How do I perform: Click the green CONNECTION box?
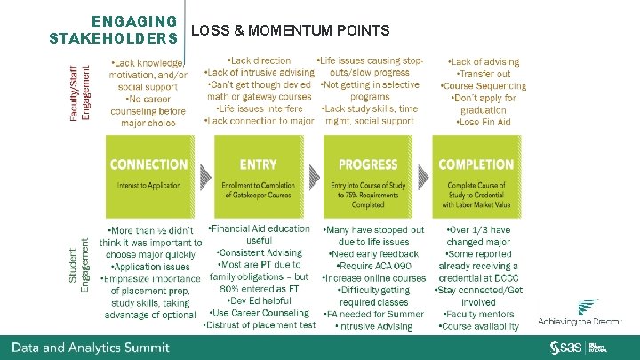(x=148, y=174)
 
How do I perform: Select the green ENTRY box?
(x=258, y=174)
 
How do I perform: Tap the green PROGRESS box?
(x=367, y=174)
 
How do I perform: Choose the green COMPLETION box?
(x=476, y=174)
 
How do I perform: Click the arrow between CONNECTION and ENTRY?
(x=203, y=175)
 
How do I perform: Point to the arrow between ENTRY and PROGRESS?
(x=312, y=175)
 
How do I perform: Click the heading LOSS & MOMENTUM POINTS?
(x=290, y=32)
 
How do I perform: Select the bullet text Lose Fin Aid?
(x=484, y=122)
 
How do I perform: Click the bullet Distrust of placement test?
(x=259, y=324)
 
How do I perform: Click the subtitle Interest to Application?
(x=148, y=184)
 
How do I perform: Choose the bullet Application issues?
(x=150, y=266)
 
